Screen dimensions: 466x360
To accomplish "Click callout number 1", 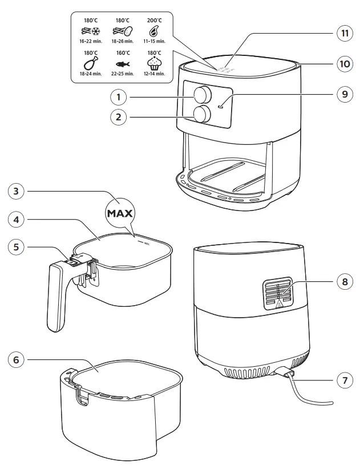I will pos(118,97).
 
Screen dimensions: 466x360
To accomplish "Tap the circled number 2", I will pos(118,117).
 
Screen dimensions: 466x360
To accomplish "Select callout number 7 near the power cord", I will pos(345,381).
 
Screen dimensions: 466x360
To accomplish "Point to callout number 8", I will pos(345,281).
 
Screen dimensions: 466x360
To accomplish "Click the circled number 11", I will pos(345,33).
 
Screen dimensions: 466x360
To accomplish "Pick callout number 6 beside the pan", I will pos(17,360).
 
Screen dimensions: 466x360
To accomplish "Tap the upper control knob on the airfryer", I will pos(201,94).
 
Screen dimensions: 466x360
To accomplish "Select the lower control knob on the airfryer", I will pos(201,114).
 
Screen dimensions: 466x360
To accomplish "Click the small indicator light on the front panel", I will pos(220,105).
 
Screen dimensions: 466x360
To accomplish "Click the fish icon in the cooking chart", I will pos(122,64).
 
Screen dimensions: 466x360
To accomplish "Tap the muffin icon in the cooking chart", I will pos(154,63).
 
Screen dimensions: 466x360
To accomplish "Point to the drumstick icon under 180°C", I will pos(90,63).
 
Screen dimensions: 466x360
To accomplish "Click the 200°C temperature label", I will pos(154,20).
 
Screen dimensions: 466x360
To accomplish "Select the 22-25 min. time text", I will pos(122,74).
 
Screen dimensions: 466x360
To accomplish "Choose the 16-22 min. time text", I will pos(90,41).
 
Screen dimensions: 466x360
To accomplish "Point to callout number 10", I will pos(345,64).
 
